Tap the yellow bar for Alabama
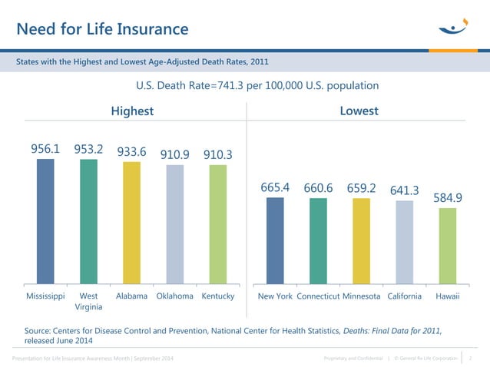coord(131,223)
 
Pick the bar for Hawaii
coord(448,246)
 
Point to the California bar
coord(405,242)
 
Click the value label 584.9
coord(448,198)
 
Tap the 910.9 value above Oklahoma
coord(175,155)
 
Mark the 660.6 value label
coord(318,187)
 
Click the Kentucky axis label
coord(217,296)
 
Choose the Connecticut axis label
coord(318,296)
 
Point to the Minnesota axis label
coord(361,296)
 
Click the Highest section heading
coord(132,111)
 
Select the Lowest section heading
coord(359,111)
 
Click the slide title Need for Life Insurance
coord(102,29)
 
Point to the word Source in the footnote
coord(42,329)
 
